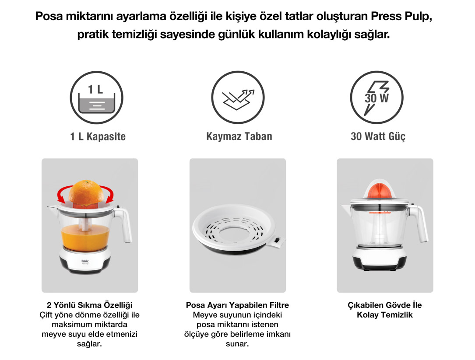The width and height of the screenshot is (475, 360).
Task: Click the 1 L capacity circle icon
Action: click(97, 98)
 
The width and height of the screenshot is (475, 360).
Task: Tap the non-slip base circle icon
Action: click(238, 98)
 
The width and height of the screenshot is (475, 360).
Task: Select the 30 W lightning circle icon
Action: click(377, 98)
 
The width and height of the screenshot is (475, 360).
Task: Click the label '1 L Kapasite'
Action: click(98, 136)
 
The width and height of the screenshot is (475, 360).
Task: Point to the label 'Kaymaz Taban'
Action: click(239, 136)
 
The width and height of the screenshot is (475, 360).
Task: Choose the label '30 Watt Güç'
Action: click(378, 136)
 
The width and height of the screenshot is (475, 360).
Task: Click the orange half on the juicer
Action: click(86, 192)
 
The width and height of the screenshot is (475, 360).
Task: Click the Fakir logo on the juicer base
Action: click(85, 261)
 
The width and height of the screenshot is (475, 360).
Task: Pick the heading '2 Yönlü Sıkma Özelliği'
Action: click(90, 305)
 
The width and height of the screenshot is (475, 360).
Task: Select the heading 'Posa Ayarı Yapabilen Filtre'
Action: click(237, 305)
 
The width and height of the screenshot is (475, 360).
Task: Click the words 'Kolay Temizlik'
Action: click(385, 315)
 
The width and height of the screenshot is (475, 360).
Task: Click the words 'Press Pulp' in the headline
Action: click(401, 16)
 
